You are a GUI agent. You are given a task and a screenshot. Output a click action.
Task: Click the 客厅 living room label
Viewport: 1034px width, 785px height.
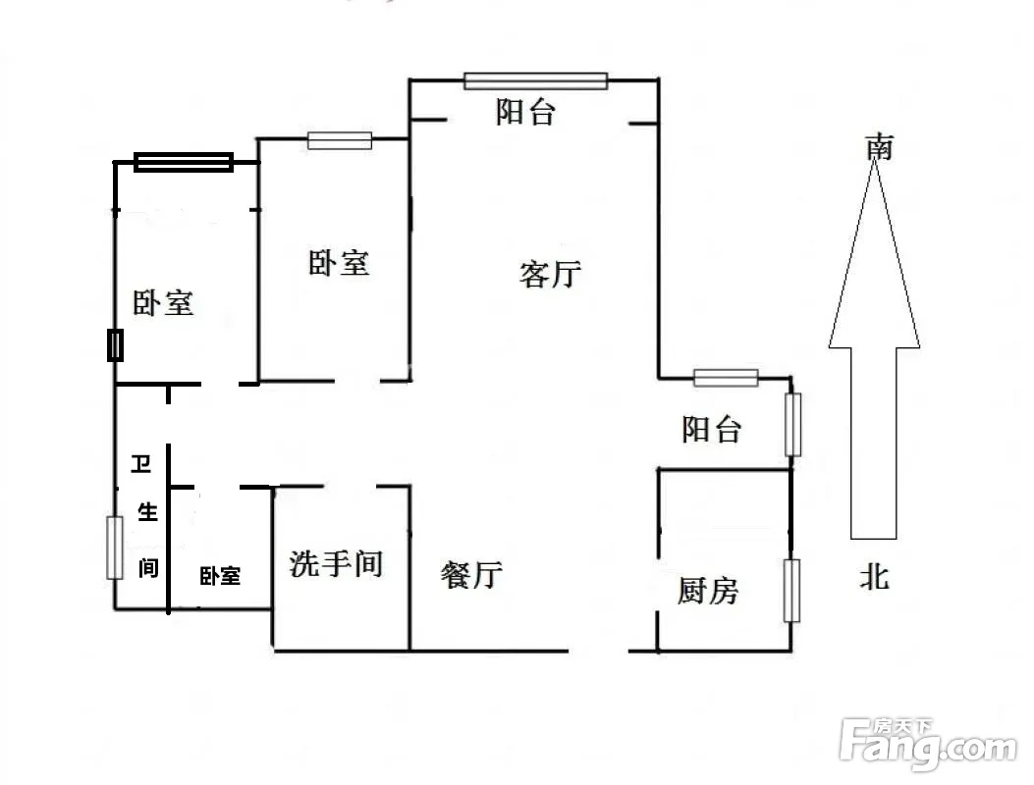[551, 274]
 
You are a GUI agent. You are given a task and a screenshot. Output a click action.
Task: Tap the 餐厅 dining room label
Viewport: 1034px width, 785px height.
[471, 574]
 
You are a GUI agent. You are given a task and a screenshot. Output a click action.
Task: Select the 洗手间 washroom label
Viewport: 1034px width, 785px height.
[336, 564]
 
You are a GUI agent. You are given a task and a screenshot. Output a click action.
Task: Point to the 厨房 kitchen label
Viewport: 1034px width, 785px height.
[708, 590]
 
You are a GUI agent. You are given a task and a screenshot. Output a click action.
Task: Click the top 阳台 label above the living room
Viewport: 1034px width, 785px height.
[525, 112]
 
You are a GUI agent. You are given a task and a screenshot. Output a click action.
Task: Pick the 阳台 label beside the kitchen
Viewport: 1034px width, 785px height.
[712, 429]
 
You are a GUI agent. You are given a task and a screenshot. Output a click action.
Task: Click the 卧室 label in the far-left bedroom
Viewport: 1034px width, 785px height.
[164, 303]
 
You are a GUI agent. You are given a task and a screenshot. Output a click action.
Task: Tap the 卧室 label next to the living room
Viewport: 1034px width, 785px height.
[339, 263]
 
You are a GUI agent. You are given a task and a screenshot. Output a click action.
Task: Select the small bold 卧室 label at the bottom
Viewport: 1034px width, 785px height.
[220, 576]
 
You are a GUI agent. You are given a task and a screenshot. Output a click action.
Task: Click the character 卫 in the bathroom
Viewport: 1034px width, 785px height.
[141, 463]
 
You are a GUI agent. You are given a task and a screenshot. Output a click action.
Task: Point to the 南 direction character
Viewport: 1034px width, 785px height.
[880, 146]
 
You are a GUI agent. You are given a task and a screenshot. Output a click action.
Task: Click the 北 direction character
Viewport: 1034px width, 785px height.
[875, 577]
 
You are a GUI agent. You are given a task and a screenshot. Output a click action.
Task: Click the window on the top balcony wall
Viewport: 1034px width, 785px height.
[535, 81]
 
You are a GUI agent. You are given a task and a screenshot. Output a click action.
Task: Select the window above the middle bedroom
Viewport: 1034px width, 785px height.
[340, 140]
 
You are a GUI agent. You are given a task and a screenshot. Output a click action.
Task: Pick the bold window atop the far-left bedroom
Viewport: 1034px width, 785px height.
[184, 162]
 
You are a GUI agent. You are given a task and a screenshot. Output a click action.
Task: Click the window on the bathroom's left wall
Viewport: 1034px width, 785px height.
[115, 549]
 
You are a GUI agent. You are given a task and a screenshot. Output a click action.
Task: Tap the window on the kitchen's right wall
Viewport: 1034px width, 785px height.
[791, 591]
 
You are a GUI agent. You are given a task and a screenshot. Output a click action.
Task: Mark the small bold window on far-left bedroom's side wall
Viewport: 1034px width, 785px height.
[116, 344]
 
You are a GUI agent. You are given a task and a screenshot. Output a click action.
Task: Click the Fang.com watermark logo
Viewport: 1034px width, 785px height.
[928, 744]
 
